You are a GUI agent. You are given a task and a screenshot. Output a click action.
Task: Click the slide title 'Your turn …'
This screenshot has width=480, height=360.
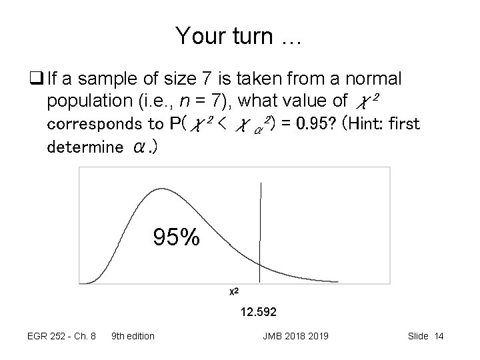click(x=239, y=36)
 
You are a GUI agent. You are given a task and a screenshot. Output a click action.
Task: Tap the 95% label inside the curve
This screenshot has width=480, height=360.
click(x=176, y=237)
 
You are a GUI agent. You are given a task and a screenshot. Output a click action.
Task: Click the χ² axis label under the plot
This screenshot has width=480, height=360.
click(x=235, y=292)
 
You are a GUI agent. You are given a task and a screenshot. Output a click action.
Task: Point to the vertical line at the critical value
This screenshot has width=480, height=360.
click(x=261, y=227)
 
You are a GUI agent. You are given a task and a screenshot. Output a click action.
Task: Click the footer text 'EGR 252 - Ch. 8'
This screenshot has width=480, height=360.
click(x=62, y=336)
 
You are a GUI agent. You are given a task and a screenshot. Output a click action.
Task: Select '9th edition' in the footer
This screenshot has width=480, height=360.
click(x=133, y=336)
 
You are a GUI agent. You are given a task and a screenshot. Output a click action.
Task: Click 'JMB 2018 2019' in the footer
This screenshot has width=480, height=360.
click(x=296, y=336)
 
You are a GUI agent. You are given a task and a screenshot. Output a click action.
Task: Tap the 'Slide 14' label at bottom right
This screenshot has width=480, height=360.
click(x=425, y=336)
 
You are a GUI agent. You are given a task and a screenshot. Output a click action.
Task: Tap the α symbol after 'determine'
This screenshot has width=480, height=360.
click(x=139, y=147)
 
